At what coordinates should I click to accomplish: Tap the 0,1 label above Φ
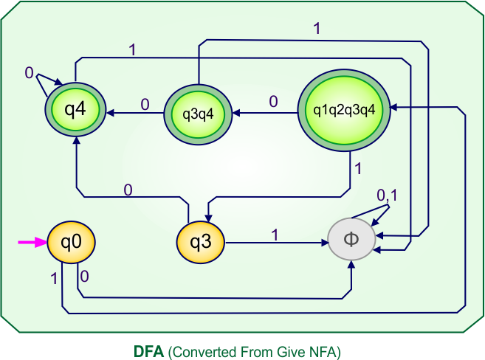click(388, 195)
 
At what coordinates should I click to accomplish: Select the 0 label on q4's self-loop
click(29, 72)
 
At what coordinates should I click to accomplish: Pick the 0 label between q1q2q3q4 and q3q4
click(273, 102)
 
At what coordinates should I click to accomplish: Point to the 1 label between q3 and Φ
click(275, 235)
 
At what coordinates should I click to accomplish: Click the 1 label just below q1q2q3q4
click(359, 168)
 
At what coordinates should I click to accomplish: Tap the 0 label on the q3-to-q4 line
click(128, 190)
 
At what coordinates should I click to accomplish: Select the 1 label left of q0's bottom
click(54, 278)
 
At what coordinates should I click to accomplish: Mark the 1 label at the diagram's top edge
click(317, 29)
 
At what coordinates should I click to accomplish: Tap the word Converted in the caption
click(200, 350)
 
